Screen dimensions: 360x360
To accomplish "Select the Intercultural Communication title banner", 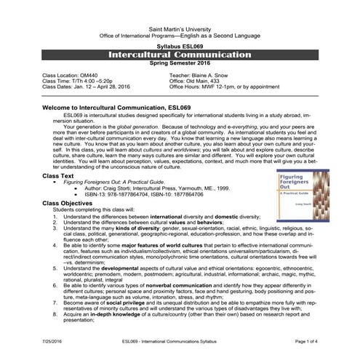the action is tap(180, 55).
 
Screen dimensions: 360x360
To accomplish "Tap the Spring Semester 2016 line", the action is tap(180, 63).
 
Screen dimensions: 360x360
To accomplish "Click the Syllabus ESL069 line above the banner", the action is tap(180, 46).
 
